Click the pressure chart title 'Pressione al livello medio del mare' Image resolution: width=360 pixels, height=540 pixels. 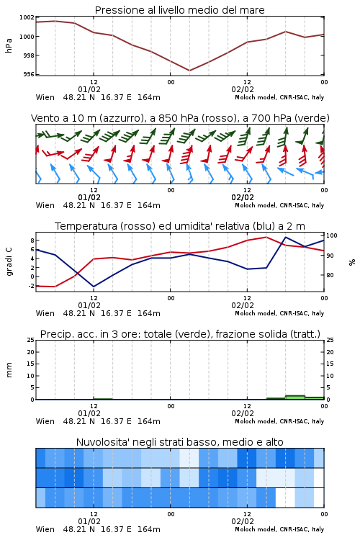tap(179, 10)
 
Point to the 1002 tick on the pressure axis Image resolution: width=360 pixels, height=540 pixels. tap(27, 17)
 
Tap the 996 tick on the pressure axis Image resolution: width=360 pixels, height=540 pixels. tap(29, 74)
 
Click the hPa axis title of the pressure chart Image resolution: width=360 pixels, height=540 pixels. tap(9, 45)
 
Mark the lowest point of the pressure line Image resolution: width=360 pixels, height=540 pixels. tap(189, 71)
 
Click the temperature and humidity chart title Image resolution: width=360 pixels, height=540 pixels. tap(180, 226)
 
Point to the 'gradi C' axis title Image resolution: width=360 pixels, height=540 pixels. tap(9, 261)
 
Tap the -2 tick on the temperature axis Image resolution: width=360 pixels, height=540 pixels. tap(32, 286)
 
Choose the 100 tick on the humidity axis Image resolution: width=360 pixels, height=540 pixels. tap(332, 235)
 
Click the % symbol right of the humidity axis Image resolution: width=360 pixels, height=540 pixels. tap(352, 262)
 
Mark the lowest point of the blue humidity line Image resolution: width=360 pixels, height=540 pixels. tap(94, 287)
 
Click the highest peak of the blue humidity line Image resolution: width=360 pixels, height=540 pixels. tap(286, 237)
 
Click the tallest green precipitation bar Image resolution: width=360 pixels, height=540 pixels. tap(295, 397)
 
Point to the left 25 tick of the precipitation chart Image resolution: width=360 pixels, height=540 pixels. tap(31, 340)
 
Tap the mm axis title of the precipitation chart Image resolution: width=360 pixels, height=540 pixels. tap(9, 369)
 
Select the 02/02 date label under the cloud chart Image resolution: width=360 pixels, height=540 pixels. tap(243, 521)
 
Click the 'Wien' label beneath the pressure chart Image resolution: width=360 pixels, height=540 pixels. tap(45, 97)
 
